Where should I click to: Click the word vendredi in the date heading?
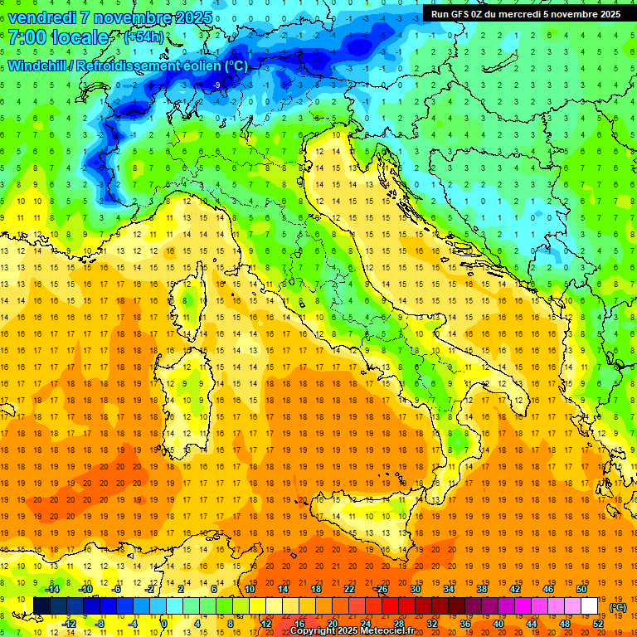pos(42,17)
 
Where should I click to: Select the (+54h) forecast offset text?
pos(143,37)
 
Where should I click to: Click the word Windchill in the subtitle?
pos(40,66)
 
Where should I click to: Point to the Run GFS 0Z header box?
pos(526,13)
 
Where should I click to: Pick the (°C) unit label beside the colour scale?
pos(618,607)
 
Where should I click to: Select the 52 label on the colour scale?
pos(598,623)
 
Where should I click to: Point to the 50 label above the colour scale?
pos(581,589)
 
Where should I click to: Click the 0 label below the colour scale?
pos(164,623)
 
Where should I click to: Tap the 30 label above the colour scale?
pos(416,589)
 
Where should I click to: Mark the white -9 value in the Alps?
pos(216,85)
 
